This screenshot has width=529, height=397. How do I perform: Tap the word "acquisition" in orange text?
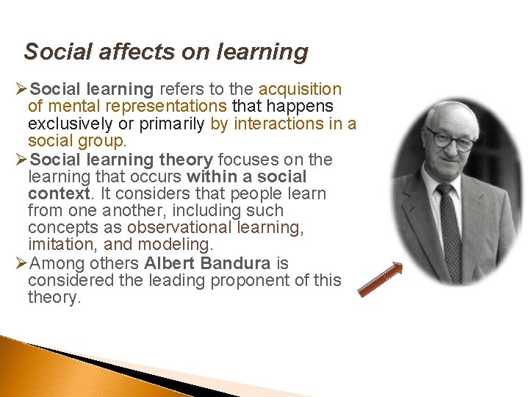[x=301, y=90]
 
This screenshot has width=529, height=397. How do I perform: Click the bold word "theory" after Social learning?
[x=184, y=160]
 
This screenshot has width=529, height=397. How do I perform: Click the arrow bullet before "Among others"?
[x=21, y=263]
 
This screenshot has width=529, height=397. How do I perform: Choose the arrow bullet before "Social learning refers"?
[x=21, y=90]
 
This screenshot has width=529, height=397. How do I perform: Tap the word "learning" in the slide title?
[x=262, y=52]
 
